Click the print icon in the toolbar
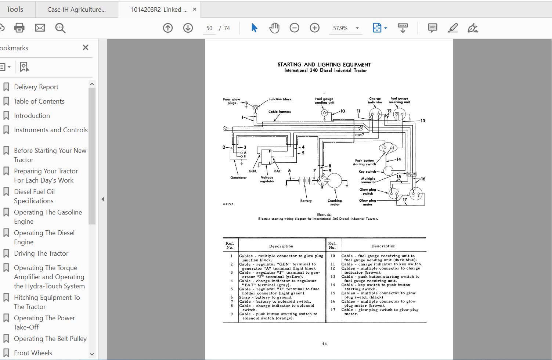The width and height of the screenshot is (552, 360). coord(19,28)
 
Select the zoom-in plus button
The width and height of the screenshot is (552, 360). coord(315,28)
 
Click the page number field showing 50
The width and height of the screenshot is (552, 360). coord(209,28)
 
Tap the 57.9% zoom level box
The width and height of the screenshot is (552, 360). coord(340,28)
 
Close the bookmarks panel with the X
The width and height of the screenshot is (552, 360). coord(86,47)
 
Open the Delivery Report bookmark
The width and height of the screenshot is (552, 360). coord(36,87)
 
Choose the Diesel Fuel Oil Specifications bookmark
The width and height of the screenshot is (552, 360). coord(34,196)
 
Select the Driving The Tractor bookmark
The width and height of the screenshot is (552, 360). coord(41,253)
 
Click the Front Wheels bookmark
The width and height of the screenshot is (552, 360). coord(33,353)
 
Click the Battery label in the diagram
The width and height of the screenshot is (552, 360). coord(306,201)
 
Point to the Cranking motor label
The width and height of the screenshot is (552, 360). coord(335,202)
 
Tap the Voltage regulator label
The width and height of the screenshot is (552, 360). coord(267,179)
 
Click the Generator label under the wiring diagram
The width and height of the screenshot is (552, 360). coord(238,178)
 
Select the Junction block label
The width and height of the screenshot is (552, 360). coord(280,99)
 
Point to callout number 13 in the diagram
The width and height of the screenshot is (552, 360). coord(423,121)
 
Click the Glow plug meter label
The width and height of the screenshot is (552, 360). coord(367,202)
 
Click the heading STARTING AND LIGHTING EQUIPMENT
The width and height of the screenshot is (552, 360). coord(324,65)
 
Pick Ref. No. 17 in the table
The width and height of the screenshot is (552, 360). coord(333,310)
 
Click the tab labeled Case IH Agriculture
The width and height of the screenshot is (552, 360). coord(76,10)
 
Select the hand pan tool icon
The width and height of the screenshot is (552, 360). coord(274,28)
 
